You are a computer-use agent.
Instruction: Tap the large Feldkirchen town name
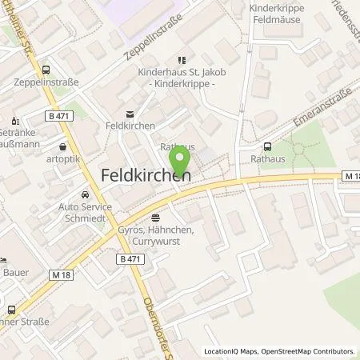pyautogui.click(x=145, y=174)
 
